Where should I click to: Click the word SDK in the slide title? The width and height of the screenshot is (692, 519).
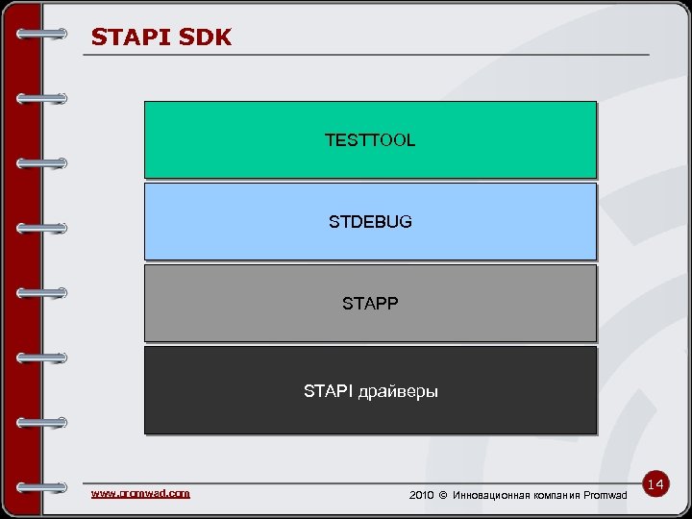(x=204, y=37)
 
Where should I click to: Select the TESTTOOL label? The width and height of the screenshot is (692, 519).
(x=370, y=140)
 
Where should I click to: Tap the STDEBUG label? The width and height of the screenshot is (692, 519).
(x=370, y=222)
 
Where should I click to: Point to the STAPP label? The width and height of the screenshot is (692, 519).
(x=370, y=304)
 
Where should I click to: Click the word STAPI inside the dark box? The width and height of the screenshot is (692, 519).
(x=328, y=391)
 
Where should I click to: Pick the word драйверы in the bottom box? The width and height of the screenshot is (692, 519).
(x=397, y=392)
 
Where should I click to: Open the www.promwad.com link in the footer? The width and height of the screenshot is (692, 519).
(x=140, y=493)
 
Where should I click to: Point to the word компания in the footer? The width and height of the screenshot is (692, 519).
(x=561, y=495)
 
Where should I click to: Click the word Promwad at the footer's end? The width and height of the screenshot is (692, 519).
(x=605, y=495)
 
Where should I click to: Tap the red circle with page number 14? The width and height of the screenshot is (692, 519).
(x=657, y=485)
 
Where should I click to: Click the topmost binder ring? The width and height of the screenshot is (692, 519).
(x=42, y=34)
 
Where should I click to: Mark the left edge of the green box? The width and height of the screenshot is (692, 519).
(x=146, y=140)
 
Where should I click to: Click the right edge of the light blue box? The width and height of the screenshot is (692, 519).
(x=595, y=222)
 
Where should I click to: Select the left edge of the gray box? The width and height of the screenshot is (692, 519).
(x=146, y=304)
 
